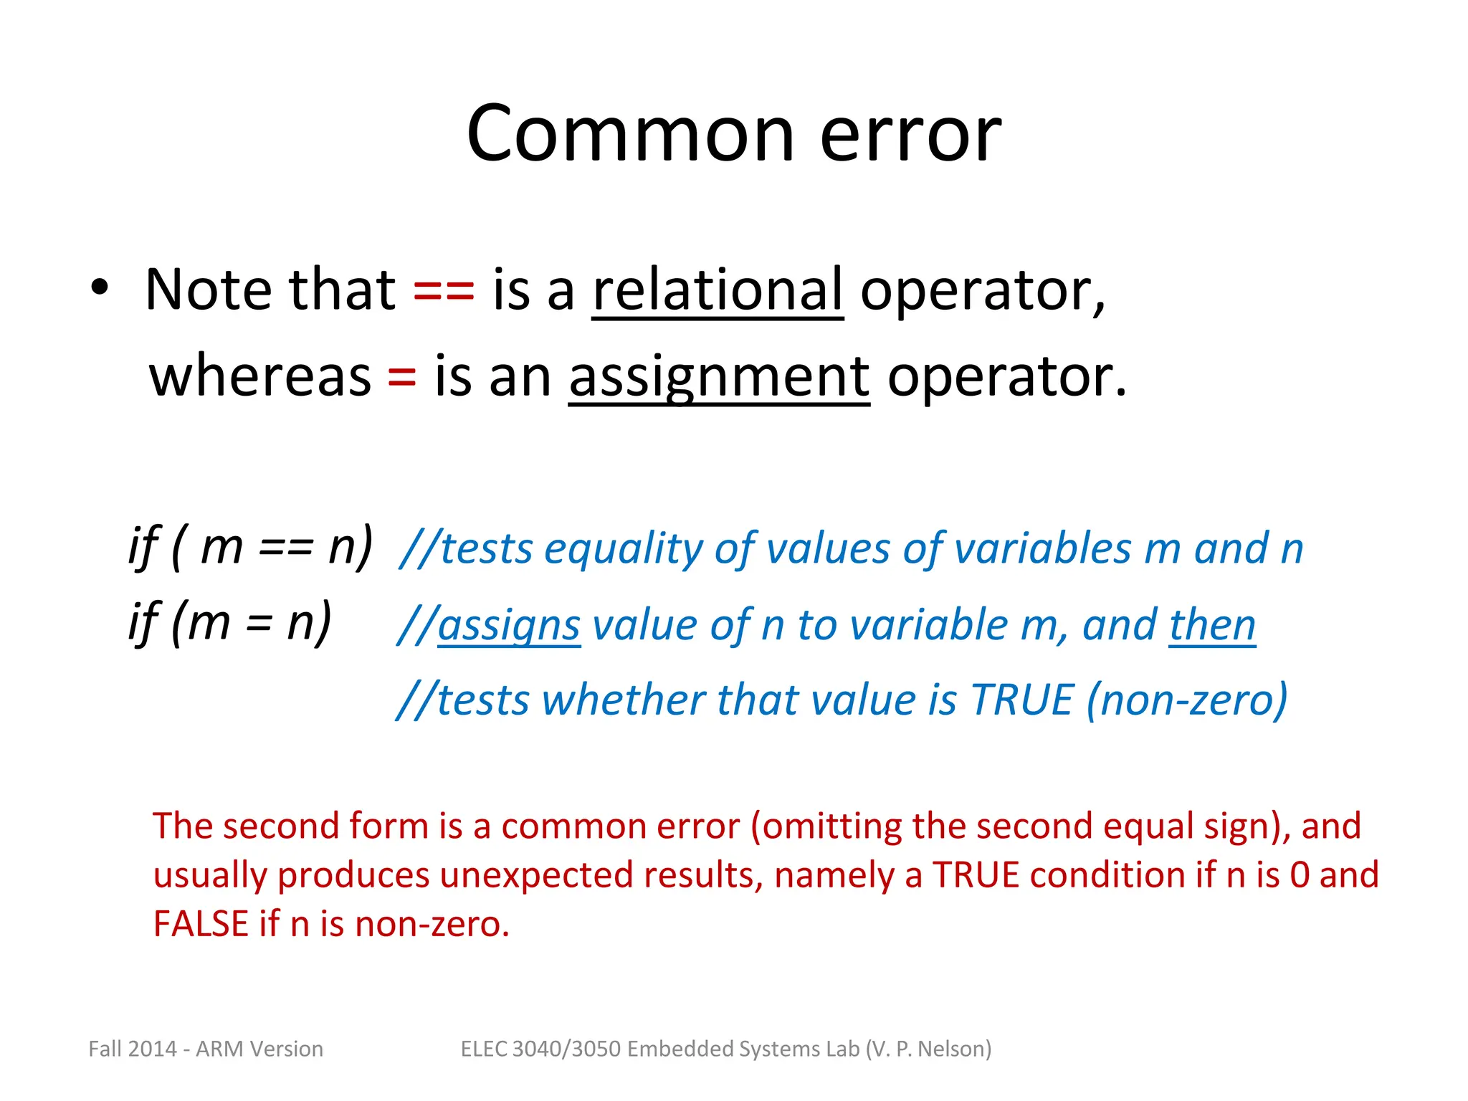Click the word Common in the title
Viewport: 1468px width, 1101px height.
pos(630,134)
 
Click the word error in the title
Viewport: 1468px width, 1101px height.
pos(910,136)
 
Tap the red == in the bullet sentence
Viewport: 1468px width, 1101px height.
pos(444,290)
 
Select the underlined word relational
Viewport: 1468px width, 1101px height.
pos(718,290)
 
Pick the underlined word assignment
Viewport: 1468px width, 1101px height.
pos(719,378)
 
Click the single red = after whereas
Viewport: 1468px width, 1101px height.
pos(401,377)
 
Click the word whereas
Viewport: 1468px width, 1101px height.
pos(260,377)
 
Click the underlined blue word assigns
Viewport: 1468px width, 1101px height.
pos(508,626)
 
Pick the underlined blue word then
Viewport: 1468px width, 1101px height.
pos(1212,626)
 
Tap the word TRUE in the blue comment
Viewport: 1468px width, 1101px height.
pos(1021,700)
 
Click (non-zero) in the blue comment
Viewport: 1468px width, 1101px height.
pos(1187,700)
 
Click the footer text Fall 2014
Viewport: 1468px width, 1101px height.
pos(132,1049)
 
